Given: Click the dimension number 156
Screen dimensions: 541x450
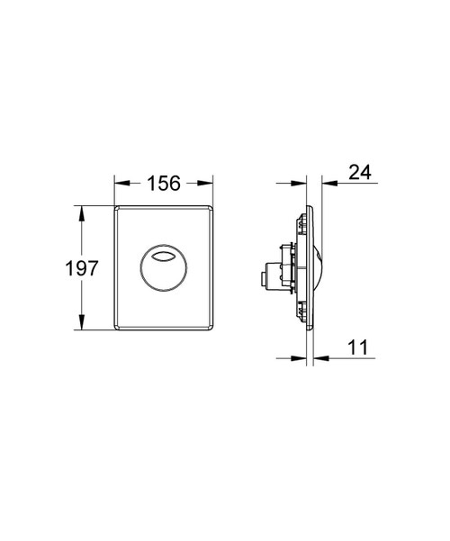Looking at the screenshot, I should point(163,182).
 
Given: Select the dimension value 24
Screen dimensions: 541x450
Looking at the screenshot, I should point(359,172).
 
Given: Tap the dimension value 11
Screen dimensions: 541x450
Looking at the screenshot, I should point(358,346).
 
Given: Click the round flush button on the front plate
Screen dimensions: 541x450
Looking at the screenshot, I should point(163,268).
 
